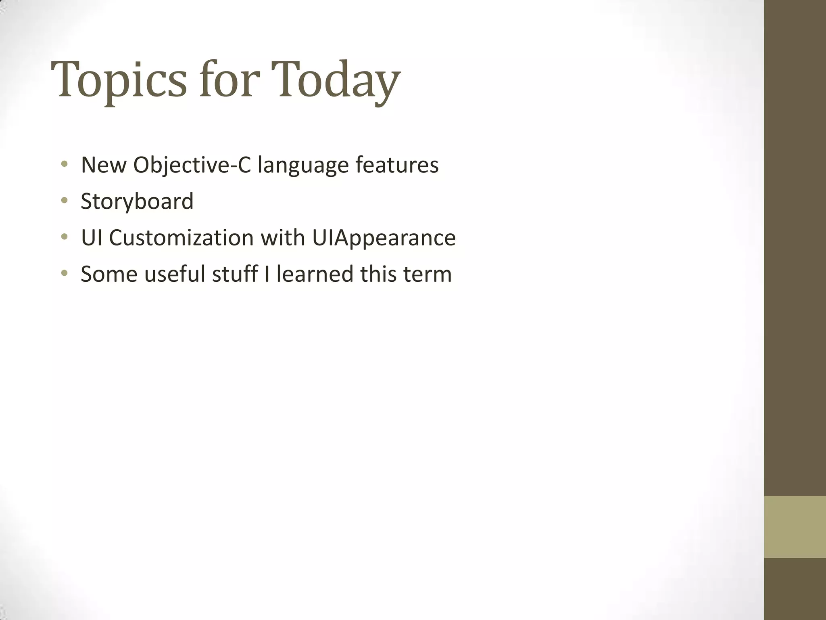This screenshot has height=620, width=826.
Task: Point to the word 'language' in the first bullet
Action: [x=303, y=165]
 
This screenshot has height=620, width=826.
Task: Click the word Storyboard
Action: [x=137, y=201]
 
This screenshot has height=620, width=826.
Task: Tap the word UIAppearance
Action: [x=384, y=238]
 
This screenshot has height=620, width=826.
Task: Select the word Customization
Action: [x=181, y=238]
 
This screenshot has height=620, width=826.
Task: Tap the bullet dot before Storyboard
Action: [x=64, y=201]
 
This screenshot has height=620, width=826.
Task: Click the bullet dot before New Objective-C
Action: [x=64, y=164]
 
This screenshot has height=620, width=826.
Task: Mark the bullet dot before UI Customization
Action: [x=64, y=237]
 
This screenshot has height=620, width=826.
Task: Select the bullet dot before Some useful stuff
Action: [x=64, y=274]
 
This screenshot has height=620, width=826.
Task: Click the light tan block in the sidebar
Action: [x=795, y=527]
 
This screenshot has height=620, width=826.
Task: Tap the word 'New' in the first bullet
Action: [x=103, y=165]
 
